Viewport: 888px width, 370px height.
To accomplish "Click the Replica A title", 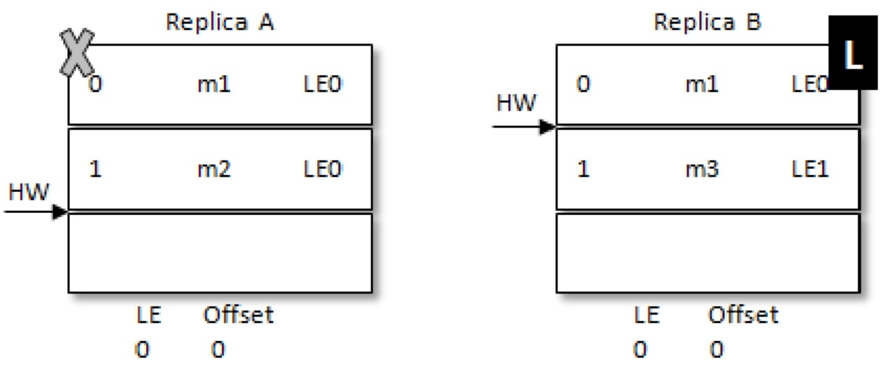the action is click(x=220, y=22).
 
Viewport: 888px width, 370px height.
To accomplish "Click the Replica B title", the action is click(x=707, y=22).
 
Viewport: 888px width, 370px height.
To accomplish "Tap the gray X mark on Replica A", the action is click(x=77, y=53).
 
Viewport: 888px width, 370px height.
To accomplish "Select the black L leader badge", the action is click(x=853, y=53).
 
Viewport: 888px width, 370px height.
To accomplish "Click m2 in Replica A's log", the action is click(x=214, y=169).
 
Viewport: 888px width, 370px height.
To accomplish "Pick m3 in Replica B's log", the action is click(x=702, y=169).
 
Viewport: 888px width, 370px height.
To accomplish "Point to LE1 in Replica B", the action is click(x=810, y=169).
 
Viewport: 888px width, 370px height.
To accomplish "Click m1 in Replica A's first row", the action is click(x=214, y=84).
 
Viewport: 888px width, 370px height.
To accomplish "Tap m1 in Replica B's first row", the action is click(x=702, y=84).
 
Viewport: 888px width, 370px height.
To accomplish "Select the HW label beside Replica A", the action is click(x=29, y=192).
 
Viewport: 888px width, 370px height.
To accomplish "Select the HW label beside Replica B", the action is click(x=516, y=103).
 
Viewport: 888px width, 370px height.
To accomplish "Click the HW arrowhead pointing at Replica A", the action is click(x=60, y=212).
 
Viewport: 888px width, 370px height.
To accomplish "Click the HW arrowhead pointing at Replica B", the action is click(x=548, y=127).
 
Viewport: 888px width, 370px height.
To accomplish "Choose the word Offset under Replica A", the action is click(x=238, y=315).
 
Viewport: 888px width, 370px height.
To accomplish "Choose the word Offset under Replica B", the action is click(x=743, y=315).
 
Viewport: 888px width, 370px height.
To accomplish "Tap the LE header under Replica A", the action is click(x=148, y=315).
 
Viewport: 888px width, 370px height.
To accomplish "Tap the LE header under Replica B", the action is click(x=647, y=315).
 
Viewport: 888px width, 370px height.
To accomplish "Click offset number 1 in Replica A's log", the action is click(x=95, y=169).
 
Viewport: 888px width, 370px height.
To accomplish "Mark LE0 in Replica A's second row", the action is click(x=323, y=169).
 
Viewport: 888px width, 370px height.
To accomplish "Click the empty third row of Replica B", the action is click(x=708, y=253).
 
